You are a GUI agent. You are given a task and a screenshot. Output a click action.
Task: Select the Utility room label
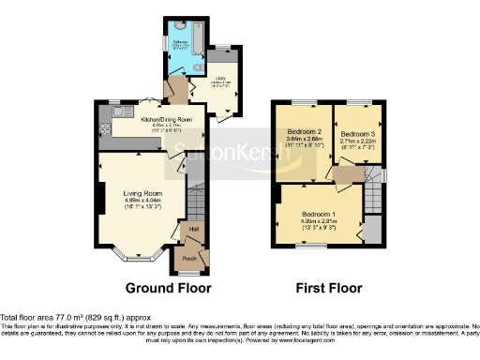[221, 80]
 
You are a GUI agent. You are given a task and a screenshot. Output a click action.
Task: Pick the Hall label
[194, 229]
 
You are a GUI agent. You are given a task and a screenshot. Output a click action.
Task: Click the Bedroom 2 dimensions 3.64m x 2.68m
[305, 142]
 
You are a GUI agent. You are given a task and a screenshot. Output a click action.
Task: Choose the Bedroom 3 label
[358, 134]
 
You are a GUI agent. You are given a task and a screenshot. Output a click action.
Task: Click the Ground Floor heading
[168, 289]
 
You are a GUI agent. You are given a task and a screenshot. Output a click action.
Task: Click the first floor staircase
[374, 197]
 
